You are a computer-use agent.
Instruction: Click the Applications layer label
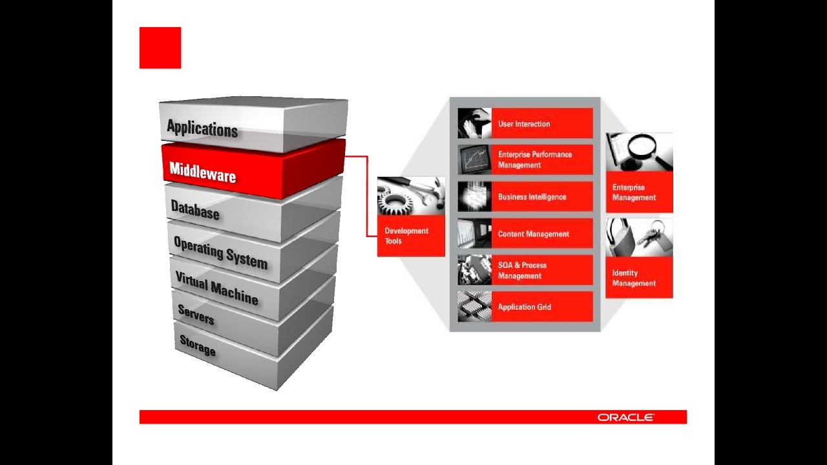pos(202,128)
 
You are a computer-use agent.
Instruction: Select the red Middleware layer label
pos(202,172)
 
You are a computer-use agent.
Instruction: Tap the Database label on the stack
pos(195,210)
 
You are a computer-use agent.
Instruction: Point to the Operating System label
pos(220,252)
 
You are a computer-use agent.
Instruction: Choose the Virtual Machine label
pos(216,287)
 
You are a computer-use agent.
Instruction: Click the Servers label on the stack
pos(196,315)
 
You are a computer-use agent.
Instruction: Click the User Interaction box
pos(541,123)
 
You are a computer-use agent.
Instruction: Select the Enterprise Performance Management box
pos(541,160)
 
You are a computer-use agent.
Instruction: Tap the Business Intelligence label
pos(532,197)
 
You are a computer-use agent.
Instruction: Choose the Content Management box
pos(541,234)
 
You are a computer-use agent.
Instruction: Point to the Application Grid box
pos(541,307)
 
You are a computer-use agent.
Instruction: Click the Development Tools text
pos(406,236)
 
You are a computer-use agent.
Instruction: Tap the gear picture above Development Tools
pos(411,196)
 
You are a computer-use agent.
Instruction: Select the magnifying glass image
pos(639,152)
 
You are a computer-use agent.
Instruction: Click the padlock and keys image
pos(639,237)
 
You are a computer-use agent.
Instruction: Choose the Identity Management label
pos(634,278)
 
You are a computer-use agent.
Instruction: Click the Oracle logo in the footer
pos(625,417)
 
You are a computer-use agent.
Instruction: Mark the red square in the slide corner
pos(160,48)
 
